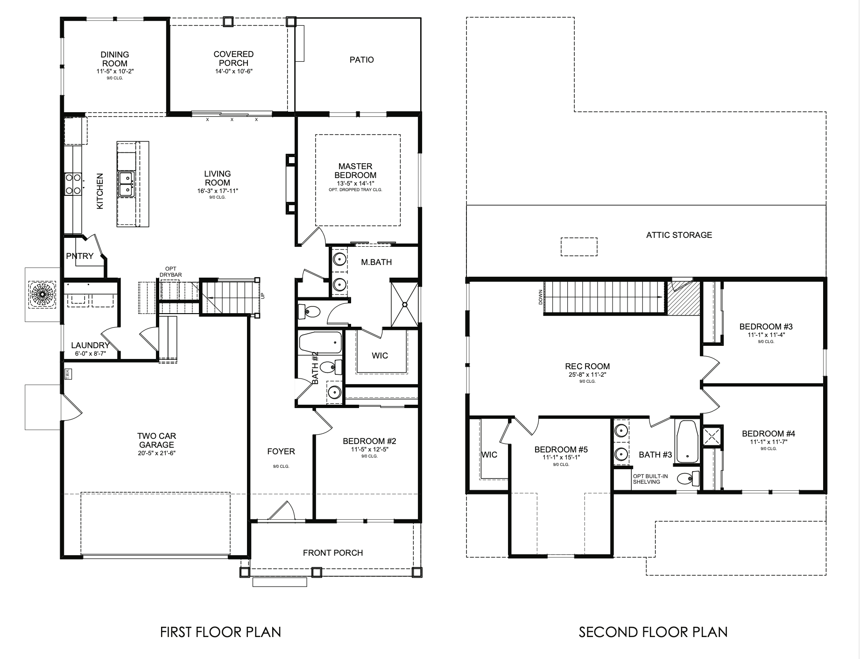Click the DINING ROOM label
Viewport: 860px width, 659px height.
tap(114, 59)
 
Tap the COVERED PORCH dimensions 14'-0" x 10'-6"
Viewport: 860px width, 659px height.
tap(233, 72)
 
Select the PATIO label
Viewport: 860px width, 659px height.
tap(362, 60)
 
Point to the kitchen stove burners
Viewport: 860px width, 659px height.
tap(72, 184)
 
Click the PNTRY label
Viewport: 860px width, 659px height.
tap(80, 256)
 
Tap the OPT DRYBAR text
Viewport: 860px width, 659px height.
tap(170, 272)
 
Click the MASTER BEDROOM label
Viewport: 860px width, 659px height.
tap(355, 171)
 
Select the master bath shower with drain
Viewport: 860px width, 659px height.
tap(405, 304)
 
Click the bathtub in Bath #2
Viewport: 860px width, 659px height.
tap(320, 343)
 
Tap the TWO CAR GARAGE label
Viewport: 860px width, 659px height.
tap(156, 440)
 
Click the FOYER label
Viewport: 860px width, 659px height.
tap(281, 451)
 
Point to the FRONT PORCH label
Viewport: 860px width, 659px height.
tap(333, 553)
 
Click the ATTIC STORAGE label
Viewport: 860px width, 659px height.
tap(679, 235)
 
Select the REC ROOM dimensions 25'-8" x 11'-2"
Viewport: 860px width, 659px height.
tap(587, 374)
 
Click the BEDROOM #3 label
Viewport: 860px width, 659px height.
tap(766, 327)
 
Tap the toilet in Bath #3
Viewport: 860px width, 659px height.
tap(688, 479)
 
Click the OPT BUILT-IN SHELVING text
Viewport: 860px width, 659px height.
tap(650, 479)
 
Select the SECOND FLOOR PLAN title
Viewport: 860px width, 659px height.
tap(653, 632)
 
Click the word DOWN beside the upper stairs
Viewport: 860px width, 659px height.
tap(541, 297)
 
